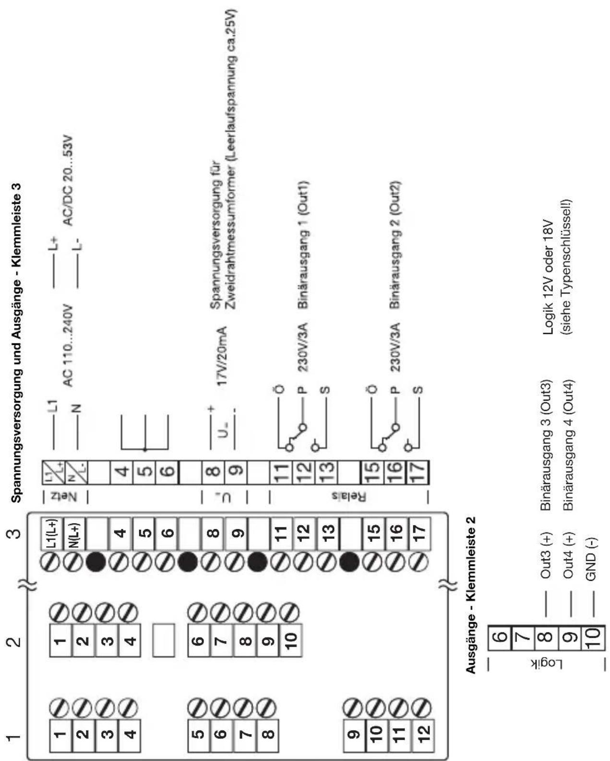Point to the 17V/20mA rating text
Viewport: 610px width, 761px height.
(x=221, y=356)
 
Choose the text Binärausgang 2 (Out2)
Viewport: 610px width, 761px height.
(x=395, y=245)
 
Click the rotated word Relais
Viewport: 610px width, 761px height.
(x=348, y=497)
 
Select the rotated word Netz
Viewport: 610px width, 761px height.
(x=65, y=497)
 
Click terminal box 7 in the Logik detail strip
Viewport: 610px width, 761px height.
(x=522, y=638)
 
